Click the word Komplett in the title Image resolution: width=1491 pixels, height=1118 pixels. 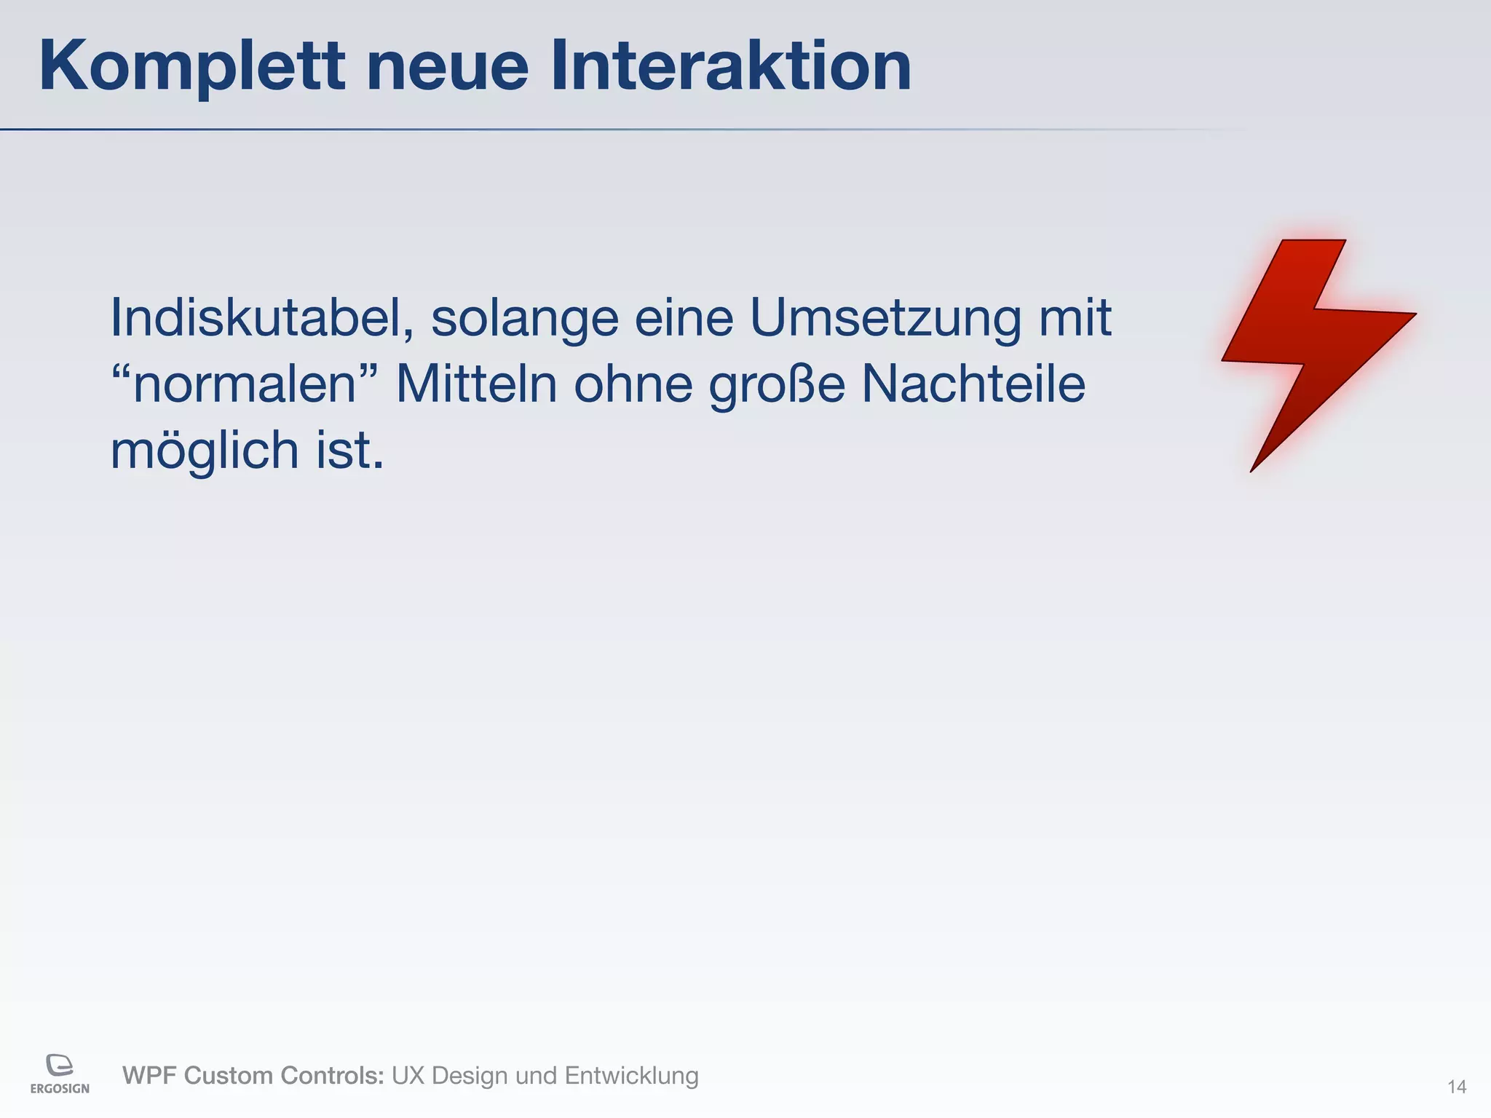[191, 67]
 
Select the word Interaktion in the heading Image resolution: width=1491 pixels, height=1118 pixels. [730, 67]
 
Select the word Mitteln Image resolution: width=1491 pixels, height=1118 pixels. [476, 384]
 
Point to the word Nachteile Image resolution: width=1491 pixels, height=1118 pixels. [973, 384]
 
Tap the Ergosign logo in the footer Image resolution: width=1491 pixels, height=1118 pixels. [60, 1073]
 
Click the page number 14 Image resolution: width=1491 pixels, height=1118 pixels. [1456, 1087]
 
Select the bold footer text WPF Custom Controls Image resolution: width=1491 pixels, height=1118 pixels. [253, 1075]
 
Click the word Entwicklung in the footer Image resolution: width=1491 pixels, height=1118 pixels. [631, 1076]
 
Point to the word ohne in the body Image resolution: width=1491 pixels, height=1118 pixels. [633, 384]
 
